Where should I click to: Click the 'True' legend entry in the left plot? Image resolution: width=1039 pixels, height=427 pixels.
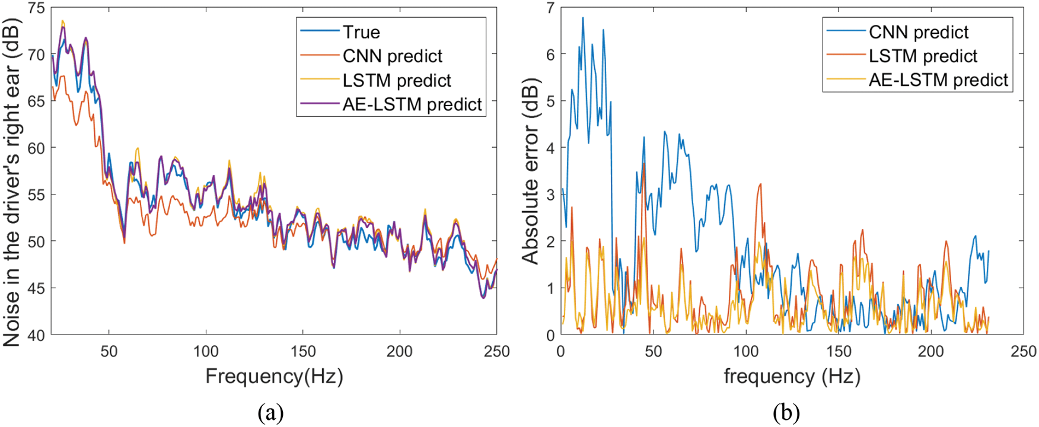[361, 32]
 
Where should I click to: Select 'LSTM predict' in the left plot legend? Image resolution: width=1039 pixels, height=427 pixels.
[397, 80]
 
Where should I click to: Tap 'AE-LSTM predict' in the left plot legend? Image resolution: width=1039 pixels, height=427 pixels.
[412, 104]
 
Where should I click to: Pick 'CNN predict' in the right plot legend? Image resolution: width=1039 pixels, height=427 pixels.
[919, 32]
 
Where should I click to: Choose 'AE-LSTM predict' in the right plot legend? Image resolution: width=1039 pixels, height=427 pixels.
[938, 80]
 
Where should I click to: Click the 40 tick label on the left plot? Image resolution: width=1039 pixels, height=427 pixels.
[36, 335]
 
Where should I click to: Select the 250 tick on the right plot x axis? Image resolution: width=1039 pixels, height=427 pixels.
[1023, 352]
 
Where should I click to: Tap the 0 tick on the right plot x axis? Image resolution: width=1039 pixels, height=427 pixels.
[561, 352]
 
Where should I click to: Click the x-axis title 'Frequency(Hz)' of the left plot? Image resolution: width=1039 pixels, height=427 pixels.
[274, 376]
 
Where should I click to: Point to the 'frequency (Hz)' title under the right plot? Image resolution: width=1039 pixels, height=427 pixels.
[792, 376]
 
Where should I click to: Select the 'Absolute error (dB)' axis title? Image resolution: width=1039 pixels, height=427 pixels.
[530, 171]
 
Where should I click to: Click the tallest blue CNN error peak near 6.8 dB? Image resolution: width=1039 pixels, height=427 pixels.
[583, 18]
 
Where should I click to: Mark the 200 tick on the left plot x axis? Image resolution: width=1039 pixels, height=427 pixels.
[400, 352]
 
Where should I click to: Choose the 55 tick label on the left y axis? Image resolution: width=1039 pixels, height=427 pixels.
[36, 195]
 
